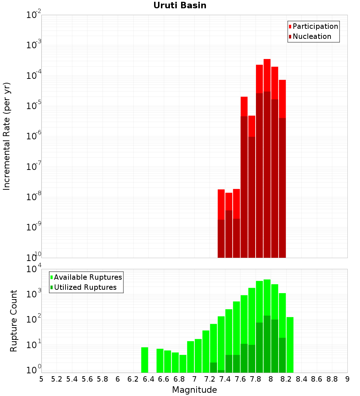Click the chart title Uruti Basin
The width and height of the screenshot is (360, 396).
(x=180, y=5)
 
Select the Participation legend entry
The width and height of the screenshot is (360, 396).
(x=313, y=26)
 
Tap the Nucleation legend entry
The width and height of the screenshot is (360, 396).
(x=310, y=36)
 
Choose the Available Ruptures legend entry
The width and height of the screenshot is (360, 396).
(x=86, y=277)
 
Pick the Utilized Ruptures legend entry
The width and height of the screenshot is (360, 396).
(x=84, y=287)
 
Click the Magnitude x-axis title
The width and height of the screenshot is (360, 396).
(x=194, y=390)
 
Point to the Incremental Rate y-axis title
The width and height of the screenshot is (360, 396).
(x=6, y=136)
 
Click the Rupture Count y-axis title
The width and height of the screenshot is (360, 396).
(x=13, y=321)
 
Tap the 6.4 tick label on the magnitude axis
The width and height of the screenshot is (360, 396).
(x=148, y=379)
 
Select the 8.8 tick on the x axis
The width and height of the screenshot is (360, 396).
(x=332, y=379)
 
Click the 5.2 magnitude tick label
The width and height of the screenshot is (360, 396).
(x=57, y=379)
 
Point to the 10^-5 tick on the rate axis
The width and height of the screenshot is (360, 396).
(x=33, y=105)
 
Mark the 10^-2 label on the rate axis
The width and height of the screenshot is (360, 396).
(x=33, y=14)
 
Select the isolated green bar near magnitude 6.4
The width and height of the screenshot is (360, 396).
(x=144, y=360)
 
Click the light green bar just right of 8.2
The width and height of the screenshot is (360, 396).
(x=290, y=345)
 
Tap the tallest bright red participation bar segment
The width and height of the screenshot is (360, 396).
(x=267, y=75)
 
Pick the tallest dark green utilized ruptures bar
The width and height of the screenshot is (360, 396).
(x=267, y=344)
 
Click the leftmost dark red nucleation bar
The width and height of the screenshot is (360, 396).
(x=221, y=239)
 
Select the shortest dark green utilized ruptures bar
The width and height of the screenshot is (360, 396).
(x=221, y=371)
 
